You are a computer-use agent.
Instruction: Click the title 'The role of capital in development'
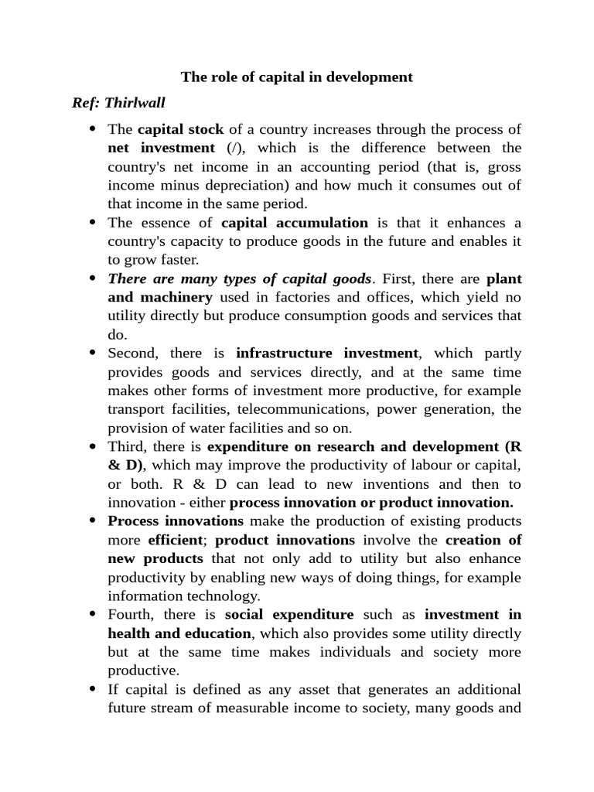click(296, 77)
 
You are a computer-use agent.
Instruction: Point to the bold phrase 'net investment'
click(161, 148)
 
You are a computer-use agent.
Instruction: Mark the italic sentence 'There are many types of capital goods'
click(240, 278)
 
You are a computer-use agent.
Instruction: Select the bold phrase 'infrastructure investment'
click(327, 353)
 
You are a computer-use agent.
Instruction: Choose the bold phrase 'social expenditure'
click(289, 615)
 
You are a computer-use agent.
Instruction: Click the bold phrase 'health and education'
click(182, 633)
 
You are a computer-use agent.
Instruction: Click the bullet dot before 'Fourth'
click(93, 615)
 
